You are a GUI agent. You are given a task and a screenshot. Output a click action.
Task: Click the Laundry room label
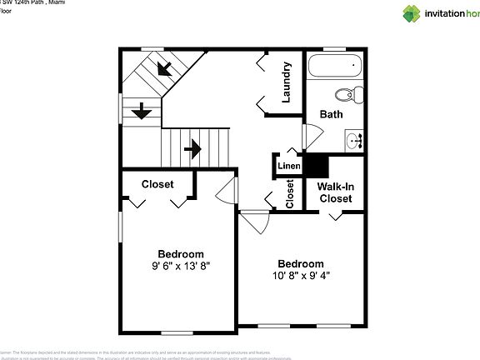(x=287, y=82)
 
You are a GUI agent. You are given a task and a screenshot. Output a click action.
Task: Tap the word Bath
(x=331, y=114)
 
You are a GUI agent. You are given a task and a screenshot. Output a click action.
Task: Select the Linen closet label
(x=288, y=166)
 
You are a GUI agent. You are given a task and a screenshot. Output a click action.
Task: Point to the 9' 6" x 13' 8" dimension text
(x=181, y=267)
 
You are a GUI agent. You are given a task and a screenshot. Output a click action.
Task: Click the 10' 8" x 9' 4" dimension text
(x=301, y=275)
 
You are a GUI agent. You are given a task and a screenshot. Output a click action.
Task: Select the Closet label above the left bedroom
(x=157, y=184)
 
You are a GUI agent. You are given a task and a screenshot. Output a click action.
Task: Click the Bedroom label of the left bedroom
(x=181, y=254)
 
